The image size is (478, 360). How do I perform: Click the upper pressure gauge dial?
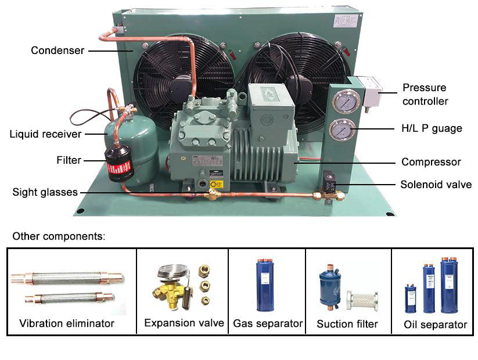[x=346, y=102]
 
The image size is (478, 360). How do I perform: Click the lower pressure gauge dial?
[x=342, y=129]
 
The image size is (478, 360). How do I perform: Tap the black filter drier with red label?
[x=119, y=164]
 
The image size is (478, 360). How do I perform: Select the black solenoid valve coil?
[x=329, y=181]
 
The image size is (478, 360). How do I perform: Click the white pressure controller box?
[x=369, y=92]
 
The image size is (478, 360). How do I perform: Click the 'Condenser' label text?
[x=57, y=51]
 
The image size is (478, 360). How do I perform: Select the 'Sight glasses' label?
[x=45, y=192]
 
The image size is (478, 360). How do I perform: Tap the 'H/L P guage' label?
[x=432, y=128]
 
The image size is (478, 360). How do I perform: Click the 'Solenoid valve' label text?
[x=436, y=185]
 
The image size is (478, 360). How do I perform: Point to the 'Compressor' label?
[x=431, y=162]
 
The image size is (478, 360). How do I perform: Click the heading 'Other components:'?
[x=59, y=236]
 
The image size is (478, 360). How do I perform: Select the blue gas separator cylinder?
[x=265, y=285]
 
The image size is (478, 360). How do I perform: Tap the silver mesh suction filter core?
[x=362, y=301]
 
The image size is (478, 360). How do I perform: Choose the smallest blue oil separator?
[x=410, y=299]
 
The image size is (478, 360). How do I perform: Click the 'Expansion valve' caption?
[x=184, y=323]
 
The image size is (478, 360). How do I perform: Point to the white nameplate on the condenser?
[x=345, y=21]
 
